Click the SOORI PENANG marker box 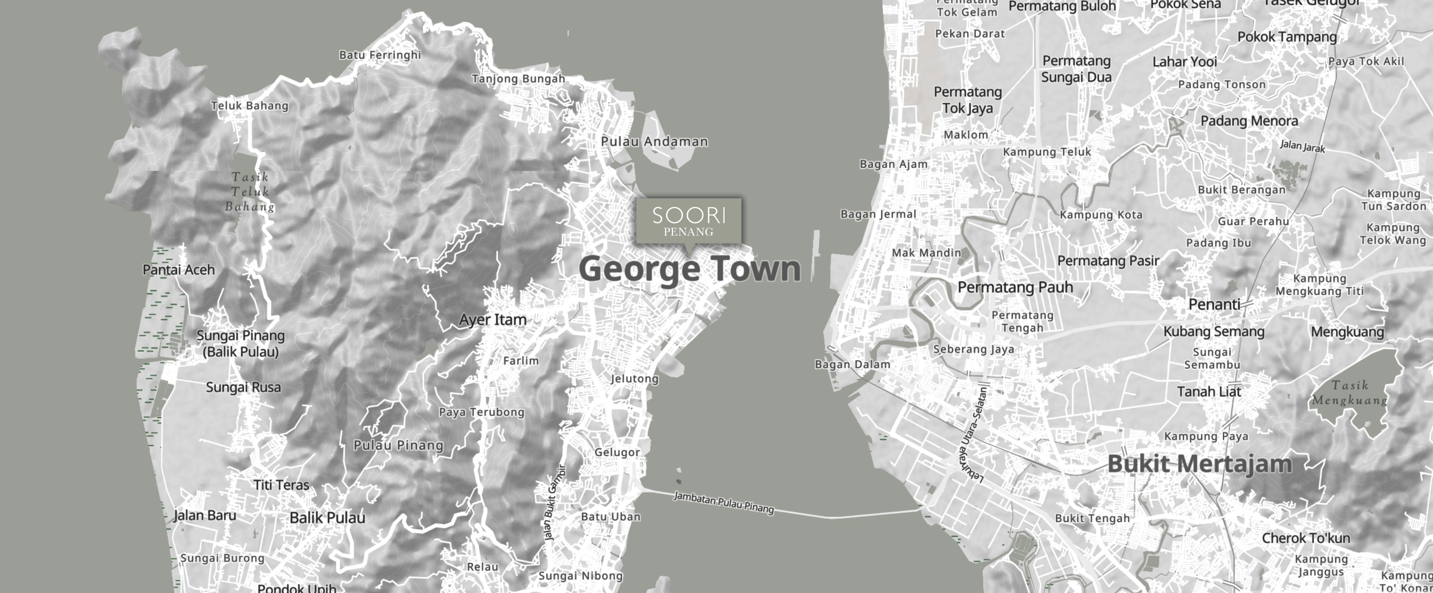[689, 221]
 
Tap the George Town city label [690, 269]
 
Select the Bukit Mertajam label [1199, 464]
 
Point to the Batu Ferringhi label [380, 55]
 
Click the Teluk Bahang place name [250, 106]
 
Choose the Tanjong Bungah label [519, 79]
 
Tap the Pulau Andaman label [654, 142]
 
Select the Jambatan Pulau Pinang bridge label [724, 502]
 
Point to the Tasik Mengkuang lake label [1349, 393]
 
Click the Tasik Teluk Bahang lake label [250, 192]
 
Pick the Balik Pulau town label [327, 518]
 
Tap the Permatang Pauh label [1015, 288]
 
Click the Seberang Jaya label [973, 349]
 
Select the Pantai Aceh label [179, 270]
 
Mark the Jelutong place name [634, 379]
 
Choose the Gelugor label [617, 452]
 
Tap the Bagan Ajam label [894, 164]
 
